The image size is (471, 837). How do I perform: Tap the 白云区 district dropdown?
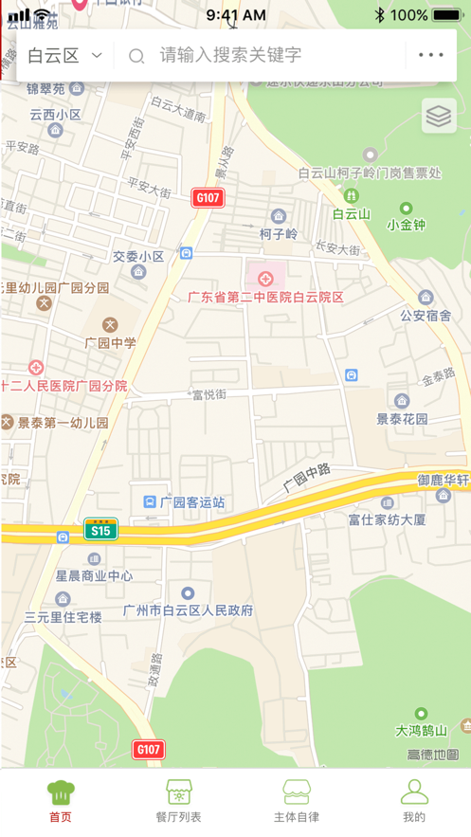(x=63, y=55)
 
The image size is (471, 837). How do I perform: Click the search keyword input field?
(x=265, y=55)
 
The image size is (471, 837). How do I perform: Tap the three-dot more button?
(x=430, y=55)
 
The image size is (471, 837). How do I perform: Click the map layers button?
(x=438, y=116)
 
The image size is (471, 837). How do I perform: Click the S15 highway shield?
(x=100, y=530)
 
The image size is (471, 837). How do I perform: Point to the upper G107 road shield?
(x=207, y=197)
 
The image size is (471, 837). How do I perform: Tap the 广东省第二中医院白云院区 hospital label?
(x=264, y=297)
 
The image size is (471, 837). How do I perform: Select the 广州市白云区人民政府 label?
(x=189, y=610)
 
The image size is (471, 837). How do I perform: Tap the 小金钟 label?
(x=407, y=225)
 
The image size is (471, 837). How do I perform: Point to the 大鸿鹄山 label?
(x=421, y=730)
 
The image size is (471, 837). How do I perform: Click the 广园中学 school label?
(x=110, y=342)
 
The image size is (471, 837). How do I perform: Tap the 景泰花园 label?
(x=403, y=418)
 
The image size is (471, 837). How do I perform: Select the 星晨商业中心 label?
(x=93, y=575)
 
